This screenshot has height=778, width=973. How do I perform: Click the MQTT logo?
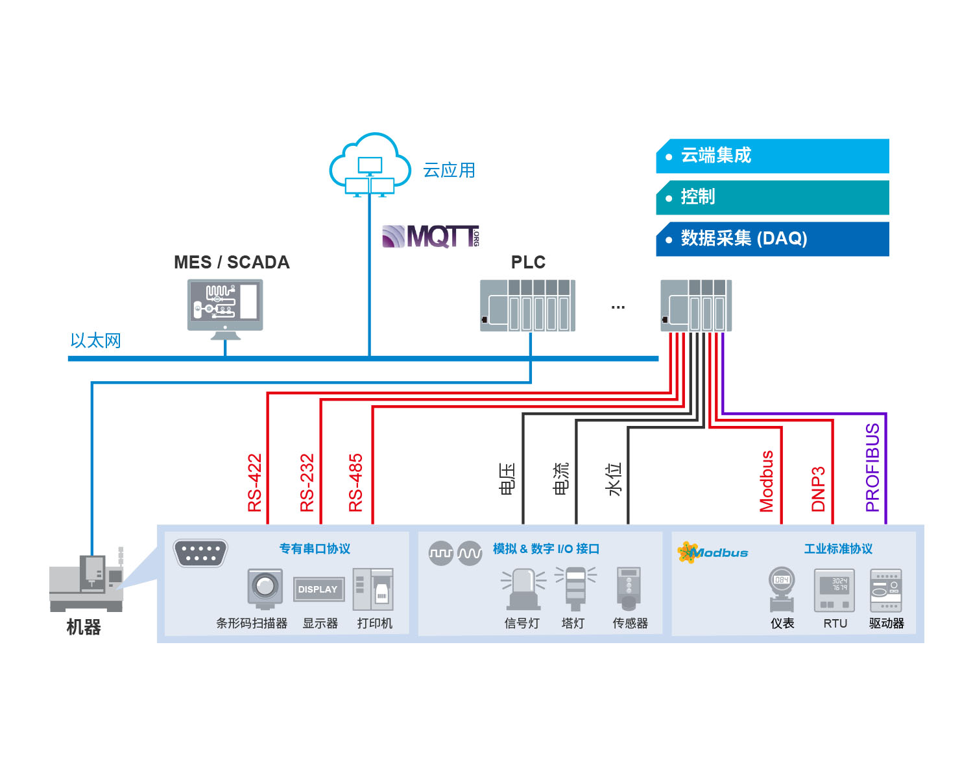point(431,237)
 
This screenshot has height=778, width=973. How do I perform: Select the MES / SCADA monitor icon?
point(225,309)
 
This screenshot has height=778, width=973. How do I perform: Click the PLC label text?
point(528,262)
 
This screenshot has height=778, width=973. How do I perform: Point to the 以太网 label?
point(96,341)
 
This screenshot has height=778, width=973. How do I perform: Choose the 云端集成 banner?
point(773,156)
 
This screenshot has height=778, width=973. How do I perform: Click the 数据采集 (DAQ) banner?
point(773,239)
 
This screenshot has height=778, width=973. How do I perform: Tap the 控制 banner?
point(773,198)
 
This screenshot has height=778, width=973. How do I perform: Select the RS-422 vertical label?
point(254,482)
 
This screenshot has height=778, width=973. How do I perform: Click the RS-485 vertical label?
point(355,482)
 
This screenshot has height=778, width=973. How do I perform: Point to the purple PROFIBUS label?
point(872,467)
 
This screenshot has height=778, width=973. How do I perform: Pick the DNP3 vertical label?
point(819,489)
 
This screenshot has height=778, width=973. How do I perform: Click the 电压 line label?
point(507,478)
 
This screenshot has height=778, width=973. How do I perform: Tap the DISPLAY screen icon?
point(318,589)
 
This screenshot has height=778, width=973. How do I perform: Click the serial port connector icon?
point(200,553)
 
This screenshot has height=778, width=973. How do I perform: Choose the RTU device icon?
point(834,591)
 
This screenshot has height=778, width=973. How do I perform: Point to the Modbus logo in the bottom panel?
point(713,552)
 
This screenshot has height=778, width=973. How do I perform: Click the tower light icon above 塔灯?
point(575,586)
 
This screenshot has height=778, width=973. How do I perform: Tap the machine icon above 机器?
point(86,579)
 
